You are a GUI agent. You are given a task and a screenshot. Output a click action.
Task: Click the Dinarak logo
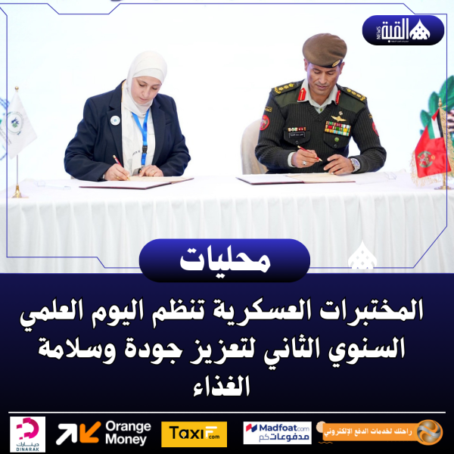coord(29,434)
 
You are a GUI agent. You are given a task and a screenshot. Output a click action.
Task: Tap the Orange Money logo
coord(104,433)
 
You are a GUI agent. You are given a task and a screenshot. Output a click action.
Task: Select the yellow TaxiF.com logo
coord(194,434)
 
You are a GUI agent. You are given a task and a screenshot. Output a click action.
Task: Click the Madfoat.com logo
coord(277,433)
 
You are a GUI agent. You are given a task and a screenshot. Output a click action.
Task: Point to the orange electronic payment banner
coord(382,432)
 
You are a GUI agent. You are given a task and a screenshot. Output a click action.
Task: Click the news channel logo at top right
coord(406,30)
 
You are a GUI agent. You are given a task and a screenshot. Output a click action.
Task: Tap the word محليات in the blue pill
coord(225,260)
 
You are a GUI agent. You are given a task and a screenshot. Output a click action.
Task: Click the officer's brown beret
coord(325,50)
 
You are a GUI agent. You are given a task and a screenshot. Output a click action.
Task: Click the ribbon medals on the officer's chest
coord(337,128)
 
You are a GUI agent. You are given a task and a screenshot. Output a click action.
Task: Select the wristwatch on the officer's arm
coord(355,163)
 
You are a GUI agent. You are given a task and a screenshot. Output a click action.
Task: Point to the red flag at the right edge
coord(434,151)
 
